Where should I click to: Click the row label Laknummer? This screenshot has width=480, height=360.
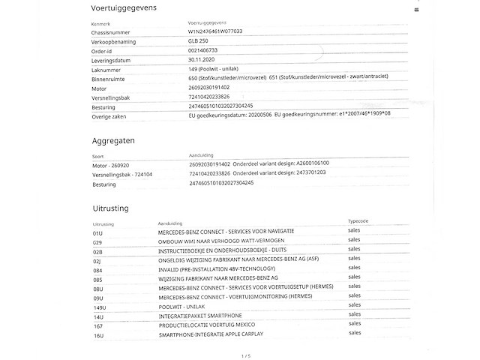[x=106, y=68]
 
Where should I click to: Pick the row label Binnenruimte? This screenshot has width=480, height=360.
[x=108, y=77]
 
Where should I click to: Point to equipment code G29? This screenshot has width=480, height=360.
[x=97, y=241]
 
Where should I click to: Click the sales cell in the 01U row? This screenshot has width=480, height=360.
[x=354, y=232]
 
